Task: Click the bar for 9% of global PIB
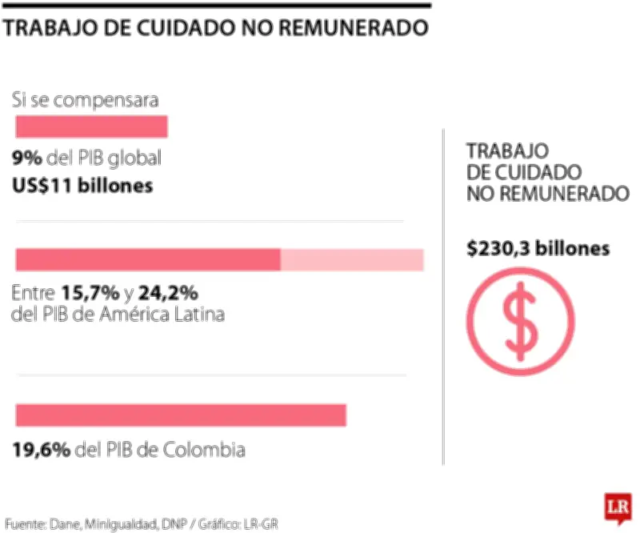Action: click(91, 126)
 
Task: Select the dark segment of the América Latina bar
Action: click(148, 260)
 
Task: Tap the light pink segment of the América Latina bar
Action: click(352, 260)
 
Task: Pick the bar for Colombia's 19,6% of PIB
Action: click(181, 415)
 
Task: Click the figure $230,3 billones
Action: click(538, 249)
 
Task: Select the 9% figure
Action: click(27, 158)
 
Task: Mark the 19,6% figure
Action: click(41, 450)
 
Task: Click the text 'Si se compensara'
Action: click(85, 100)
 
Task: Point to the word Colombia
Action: click(203, 450)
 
